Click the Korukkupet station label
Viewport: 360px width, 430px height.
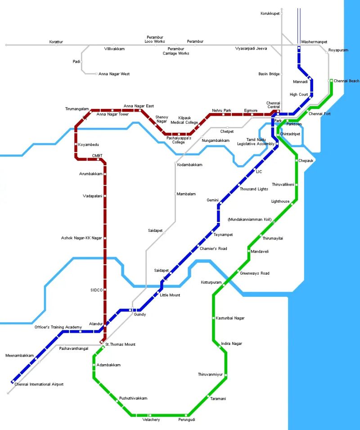click(x=270, y=14)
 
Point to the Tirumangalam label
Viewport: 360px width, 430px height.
click(x=77, y=109)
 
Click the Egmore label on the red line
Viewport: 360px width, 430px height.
click(x=251, y=110)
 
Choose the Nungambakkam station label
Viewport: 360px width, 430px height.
click(x=216, y=140)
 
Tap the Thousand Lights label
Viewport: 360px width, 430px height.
click(x=254, y=189)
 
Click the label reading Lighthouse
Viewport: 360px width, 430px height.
click(x=280, y=201)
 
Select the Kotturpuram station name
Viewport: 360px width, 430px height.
click(x=211, y=282)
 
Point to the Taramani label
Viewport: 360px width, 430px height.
click(x=218, y=399)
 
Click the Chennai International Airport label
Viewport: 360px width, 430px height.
click(x=39, y=385)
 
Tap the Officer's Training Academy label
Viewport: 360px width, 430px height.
click(x=58, y=327)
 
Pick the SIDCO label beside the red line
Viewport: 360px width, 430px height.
click(x=97, y=290)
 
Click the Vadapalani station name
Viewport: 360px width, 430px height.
click(x=92, y=196)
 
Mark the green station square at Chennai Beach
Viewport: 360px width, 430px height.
click(x=331, y=81)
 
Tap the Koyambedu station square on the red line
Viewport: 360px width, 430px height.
click(x=76, y=144)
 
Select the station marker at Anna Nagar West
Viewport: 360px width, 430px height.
click(x=96, y=74)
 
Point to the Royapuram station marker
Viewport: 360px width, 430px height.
click(x=327, y=52)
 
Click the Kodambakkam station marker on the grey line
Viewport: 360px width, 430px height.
click(x=175, y=163)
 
